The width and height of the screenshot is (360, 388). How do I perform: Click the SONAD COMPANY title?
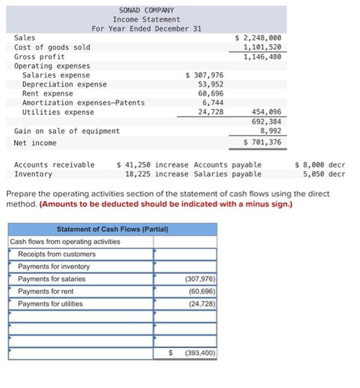146,10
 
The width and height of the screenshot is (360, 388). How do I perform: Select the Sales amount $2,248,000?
258,38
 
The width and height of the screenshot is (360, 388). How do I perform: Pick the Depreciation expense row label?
64,84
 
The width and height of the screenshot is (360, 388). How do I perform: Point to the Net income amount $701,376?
262,142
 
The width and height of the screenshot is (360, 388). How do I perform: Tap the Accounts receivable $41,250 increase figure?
152,165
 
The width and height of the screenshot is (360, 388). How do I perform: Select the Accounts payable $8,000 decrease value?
320,165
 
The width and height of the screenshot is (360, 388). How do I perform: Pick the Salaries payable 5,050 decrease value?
323,174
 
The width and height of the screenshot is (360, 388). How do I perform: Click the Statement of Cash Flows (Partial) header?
112,229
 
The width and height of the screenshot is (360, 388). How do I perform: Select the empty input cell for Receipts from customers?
185,254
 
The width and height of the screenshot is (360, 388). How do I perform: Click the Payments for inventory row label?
54,267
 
